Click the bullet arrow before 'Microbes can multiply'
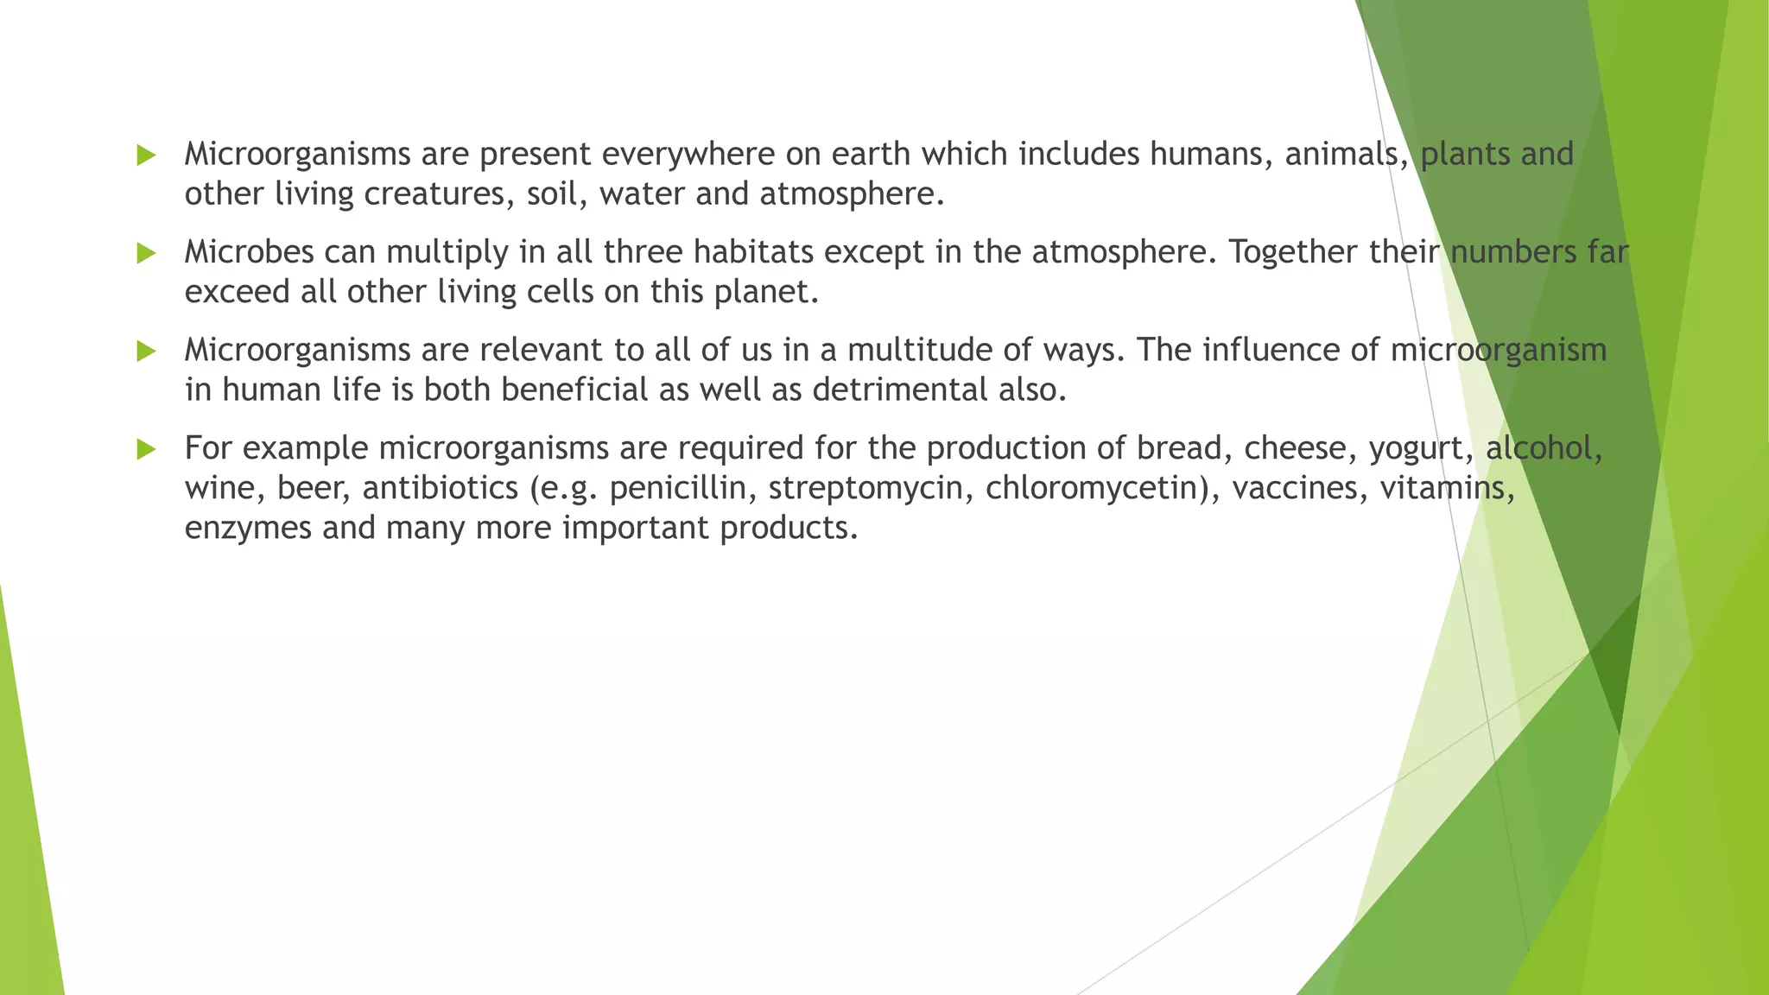(146, 254)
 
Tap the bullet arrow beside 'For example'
(146, 449)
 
